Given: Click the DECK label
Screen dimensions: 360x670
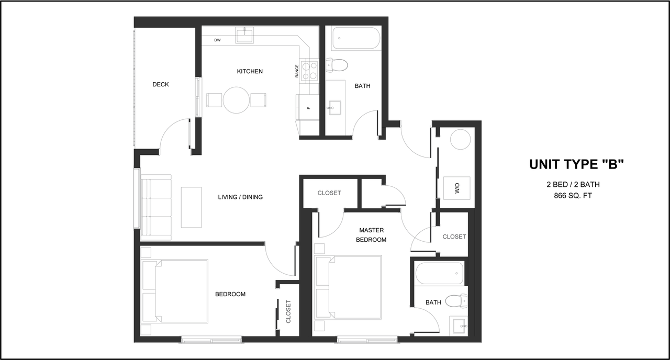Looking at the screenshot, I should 161,84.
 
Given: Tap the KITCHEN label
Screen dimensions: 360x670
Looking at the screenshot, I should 250,71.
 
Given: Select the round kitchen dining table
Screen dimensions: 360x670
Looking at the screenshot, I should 236,99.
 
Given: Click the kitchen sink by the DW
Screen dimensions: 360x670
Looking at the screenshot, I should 244,36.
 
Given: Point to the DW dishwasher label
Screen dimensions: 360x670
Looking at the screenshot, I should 217,40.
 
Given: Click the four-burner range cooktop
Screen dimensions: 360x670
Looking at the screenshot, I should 309,70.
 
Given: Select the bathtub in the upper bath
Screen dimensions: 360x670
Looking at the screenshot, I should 356,38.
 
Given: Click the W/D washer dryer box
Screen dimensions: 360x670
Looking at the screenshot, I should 456,188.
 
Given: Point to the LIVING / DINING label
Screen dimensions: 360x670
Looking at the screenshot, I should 240,197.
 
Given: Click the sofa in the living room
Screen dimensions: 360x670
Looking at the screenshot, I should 155,208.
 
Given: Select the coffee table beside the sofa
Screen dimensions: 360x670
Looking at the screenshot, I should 191,207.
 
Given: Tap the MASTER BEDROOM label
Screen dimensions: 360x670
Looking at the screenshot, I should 371,235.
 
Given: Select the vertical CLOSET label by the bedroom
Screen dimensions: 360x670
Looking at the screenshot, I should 288,311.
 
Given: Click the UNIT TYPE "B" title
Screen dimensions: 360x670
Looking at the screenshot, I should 576,164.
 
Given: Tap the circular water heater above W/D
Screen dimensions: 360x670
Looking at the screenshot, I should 462,139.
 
